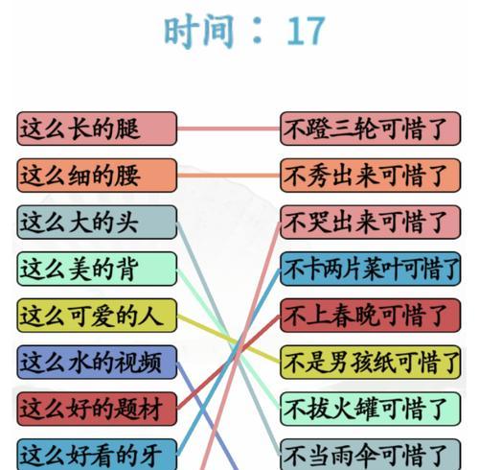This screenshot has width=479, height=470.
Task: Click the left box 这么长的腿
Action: (97, 129)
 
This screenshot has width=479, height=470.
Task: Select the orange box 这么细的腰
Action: (97, 176)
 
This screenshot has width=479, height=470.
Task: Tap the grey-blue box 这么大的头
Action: (97, 222)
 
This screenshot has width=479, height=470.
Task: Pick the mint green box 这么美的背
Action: (97, 269)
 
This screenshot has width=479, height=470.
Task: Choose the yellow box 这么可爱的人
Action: (97, 316)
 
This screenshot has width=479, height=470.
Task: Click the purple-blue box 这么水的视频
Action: (97, 362)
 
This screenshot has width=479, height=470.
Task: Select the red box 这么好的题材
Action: (97, 409)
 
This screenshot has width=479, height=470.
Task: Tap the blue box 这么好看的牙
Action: (97, 454)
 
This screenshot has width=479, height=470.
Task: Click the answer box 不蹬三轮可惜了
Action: (370, 129)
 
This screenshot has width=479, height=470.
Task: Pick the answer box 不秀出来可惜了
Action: (370, 176)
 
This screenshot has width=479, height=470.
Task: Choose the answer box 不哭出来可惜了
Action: (370, 222)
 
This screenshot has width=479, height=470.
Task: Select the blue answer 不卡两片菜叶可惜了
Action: (370, 269)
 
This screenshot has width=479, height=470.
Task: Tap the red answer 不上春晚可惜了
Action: (370, 316)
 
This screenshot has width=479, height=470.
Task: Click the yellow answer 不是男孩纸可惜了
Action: (370, 362)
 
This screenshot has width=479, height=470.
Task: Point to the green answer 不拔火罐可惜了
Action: (370, 409)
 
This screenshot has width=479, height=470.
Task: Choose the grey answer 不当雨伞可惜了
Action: (370, 454)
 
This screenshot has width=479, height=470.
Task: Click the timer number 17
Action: (306, 31)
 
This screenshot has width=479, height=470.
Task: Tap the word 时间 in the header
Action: (198, 31)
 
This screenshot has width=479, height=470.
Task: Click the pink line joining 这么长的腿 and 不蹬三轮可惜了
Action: (228, 129)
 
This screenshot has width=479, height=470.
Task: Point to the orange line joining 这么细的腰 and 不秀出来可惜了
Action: (228, 176)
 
